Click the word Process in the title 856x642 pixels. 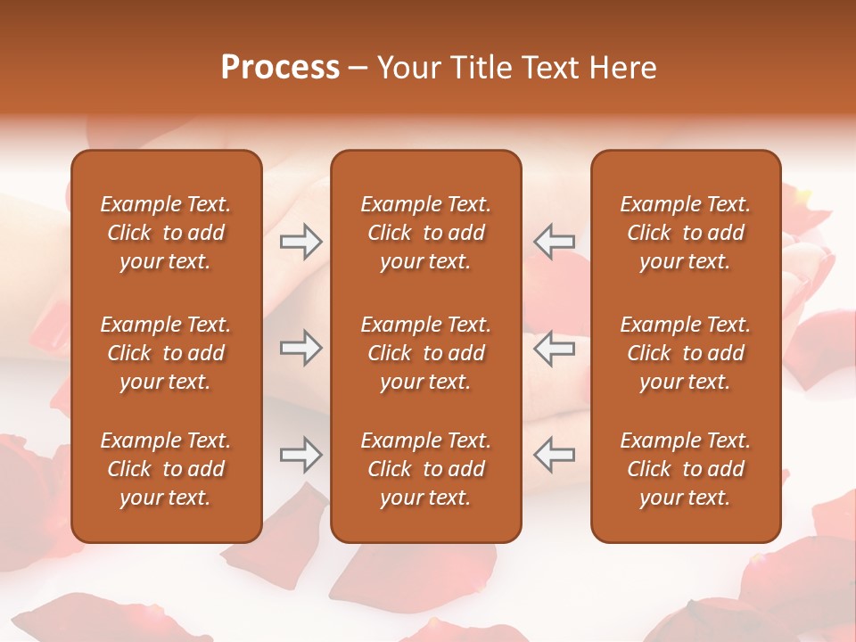click(280, 68)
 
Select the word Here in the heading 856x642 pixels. click(623, 68)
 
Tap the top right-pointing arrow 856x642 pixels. click(300, 242)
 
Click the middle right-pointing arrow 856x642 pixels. click(300, 348)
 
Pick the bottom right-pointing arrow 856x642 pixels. click(300, 455)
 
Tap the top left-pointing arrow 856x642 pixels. click(554, 242)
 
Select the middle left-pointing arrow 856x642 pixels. click(554, 348)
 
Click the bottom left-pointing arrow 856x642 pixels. click(554, 455)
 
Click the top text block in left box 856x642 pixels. click(166, 233)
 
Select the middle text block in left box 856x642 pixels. click(166, 353)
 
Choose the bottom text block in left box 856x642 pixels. click(166, 469)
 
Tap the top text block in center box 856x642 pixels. click(425, 233)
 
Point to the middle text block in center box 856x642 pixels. click(425, 353)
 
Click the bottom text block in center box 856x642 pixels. click(425, 469)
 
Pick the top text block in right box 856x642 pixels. click(685, 233)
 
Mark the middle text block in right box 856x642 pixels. click(685, 353)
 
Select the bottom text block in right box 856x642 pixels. click(685, 469)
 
